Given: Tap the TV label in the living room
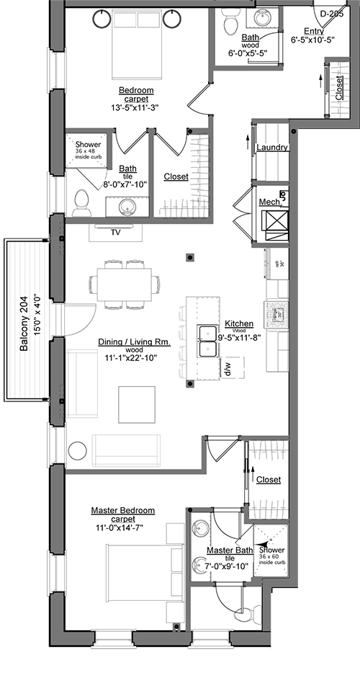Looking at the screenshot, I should [x=116, y=232].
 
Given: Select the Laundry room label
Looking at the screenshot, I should [x=272, y=148].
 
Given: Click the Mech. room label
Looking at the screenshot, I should [x=269, y=202].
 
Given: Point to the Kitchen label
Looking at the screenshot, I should [x=238, y=323].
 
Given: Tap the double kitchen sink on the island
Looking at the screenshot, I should [x=210, y=341].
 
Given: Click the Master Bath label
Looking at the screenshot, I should [x=230, y=550].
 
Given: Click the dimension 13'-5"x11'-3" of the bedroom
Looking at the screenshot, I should [x=134, y=108].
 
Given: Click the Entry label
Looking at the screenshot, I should [x=314, y=30].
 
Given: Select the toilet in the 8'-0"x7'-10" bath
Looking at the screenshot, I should [x=81, y=199].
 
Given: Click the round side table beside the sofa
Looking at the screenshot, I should [x=77, y=451].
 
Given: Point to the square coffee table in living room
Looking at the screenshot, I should [x=137, y=405].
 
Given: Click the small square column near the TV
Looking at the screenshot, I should [x=189, y=256].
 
